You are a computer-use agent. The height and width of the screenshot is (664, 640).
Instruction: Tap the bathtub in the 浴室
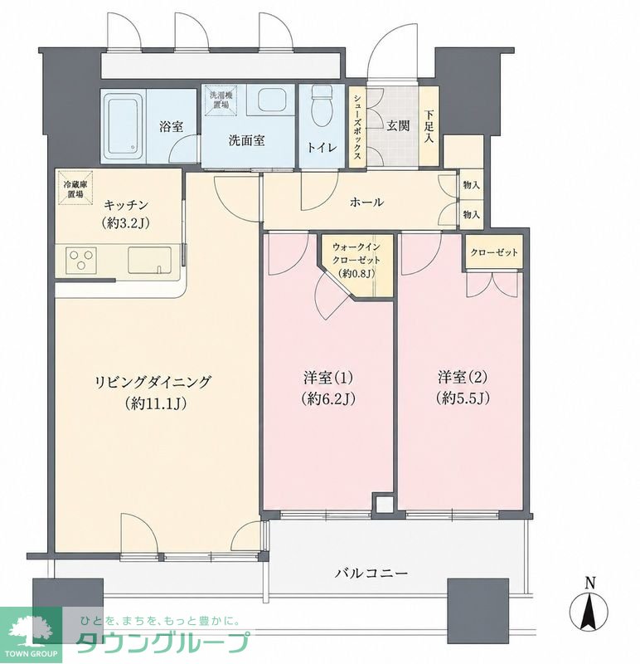(x=124, y=125)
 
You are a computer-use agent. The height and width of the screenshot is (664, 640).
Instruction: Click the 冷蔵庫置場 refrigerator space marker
(x=75, y=188)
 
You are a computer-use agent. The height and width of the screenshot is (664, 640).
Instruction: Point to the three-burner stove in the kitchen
(x=81, y=260)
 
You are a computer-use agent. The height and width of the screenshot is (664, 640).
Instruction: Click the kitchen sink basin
(x=150, y=260)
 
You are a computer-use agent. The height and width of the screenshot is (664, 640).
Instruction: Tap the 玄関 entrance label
(x=398, y=125)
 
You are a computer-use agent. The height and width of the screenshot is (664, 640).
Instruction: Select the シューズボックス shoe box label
(x=358, y=126)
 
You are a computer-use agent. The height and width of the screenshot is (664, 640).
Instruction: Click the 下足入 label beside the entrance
(x=429, y=126)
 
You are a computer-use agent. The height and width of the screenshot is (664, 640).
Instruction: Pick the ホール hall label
(x=366, y=203)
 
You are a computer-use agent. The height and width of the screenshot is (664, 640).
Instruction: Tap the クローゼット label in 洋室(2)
(x=494, y=253)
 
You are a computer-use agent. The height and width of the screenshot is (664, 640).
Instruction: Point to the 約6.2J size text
(x=328, y=398)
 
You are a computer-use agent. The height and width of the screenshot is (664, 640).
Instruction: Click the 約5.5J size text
(x=463, y=398)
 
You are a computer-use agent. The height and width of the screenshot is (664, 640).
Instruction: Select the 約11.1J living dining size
(x=156, y=404)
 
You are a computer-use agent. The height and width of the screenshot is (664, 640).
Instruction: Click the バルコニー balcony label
(x=372, y=574)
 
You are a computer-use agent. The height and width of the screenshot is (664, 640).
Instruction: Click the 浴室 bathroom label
(x=172, y=126)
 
